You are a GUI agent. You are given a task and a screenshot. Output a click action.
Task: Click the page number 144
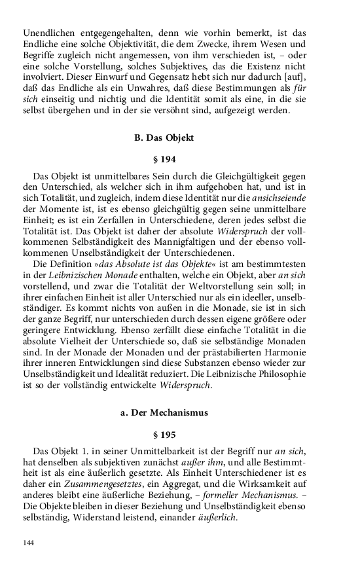(28, 543)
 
